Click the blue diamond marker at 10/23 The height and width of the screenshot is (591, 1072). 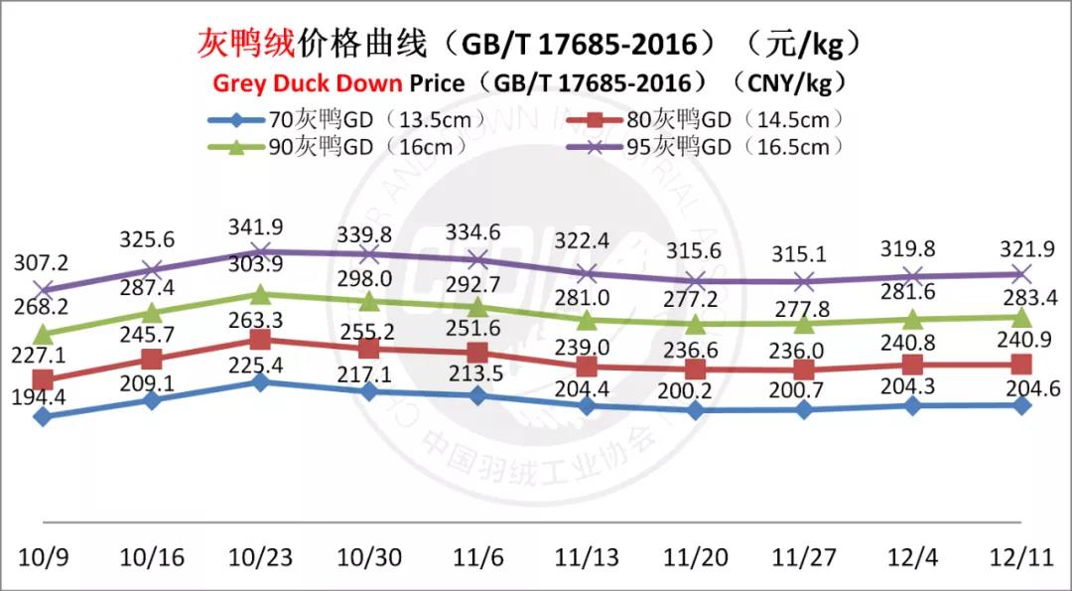[x=260, y=381]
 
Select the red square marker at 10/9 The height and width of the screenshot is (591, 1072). [x=43, y=379]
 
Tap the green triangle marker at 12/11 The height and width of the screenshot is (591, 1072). [x=1021, y=317]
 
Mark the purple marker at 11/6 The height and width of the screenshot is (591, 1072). [x=477, y=259]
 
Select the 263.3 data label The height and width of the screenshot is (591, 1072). [x=260, y=321]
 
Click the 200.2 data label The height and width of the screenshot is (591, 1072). [x=696, y=389]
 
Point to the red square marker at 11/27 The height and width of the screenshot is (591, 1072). [x=804, y=369]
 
